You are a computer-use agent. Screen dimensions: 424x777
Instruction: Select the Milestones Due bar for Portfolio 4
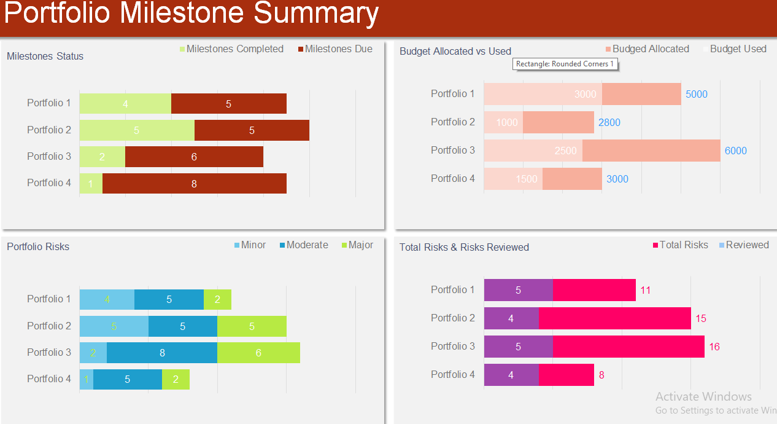point(194,183)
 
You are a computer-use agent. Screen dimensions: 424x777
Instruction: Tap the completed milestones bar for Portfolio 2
point(136,130)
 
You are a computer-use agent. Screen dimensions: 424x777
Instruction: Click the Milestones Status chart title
point(45,57)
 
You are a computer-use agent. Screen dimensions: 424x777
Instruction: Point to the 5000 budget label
point(696,95)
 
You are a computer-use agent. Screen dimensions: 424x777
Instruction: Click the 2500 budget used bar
point(533,151)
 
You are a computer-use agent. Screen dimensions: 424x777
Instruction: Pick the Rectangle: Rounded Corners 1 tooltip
point(565,64)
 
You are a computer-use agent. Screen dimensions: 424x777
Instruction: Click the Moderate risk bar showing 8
point(162,353)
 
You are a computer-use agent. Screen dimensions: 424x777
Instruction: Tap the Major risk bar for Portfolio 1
point(217,300)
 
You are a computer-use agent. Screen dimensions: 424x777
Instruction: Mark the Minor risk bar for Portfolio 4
point(86,379)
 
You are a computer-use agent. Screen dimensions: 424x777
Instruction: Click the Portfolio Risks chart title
point(38,247)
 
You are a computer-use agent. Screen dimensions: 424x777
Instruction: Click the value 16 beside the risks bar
point(714,347)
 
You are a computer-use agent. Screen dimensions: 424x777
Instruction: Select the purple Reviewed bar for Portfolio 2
point(511,318)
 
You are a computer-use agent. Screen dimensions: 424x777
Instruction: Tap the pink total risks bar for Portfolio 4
point(566,375)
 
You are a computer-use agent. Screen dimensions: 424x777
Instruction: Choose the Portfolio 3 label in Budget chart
point(453,151)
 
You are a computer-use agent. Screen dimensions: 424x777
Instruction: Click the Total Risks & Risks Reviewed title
point(464,248)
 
